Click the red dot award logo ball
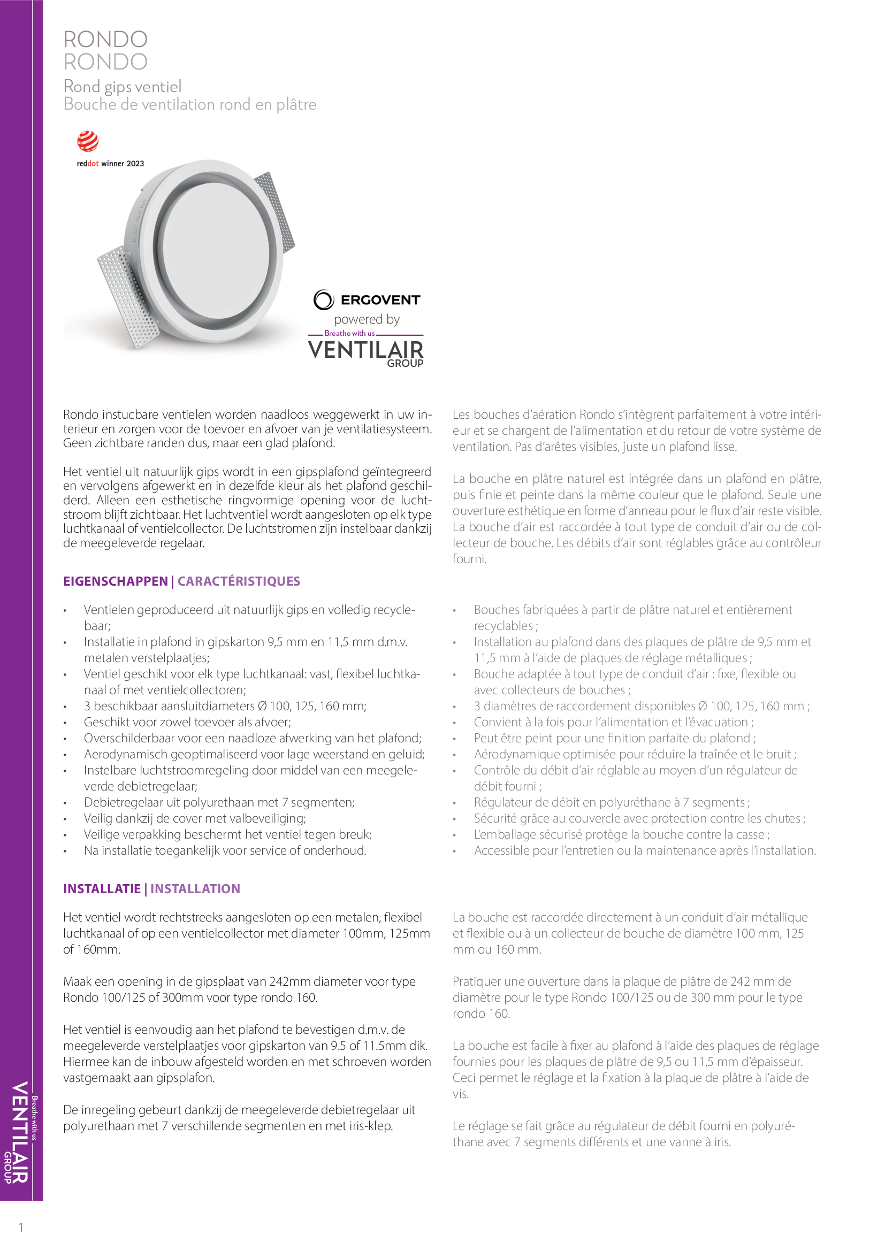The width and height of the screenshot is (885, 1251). [x=88, y=142]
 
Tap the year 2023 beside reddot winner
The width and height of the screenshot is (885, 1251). [x=135, y=164]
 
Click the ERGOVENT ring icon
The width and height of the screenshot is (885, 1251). [x=323, y=300]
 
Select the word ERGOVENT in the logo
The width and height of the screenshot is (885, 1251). [x=380, y=300]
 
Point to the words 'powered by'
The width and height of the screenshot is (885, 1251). [x=367, y=319]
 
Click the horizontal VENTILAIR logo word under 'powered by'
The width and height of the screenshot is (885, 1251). [x=365, y=350]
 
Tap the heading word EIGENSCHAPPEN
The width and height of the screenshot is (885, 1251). [x=116, y=581]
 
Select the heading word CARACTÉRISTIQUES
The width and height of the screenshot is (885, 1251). [x=239, y=581]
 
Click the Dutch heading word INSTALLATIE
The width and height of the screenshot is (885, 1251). [x=102, y=889]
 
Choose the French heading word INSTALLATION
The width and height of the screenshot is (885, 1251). [x=195, y=889]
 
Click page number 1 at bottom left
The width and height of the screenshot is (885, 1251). [x=21, y=1227]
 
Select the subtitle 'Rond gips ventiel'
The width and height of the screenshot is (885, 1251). [x=123, y=87]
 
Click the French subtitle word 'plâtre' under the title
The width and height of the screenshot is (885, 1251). [x=296, y=105]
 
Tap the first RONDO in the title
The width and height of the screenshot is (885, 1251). [x=106, y=40]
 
